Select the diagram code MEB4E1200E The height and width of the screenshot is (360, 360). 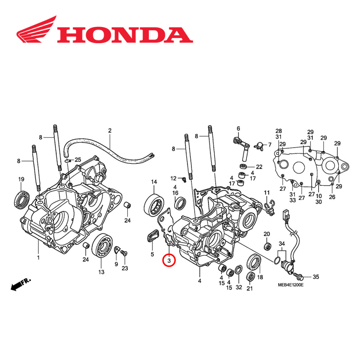click(291, 285)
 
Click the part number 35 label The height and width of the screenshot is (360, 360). click(315, 277)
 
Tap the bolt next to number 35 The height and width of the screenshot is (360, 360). click(300, 276)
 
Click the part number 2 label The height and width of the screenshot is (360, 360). click(110, 130)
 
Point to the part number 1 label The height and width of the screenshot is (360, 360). click(38, 257)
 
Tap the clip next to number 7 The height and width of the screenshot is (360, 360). click(259, 146)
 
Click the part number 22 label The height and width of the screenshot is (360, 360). click(259, 167)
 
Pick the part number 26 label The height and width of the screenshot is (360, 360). click(332, 197)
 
